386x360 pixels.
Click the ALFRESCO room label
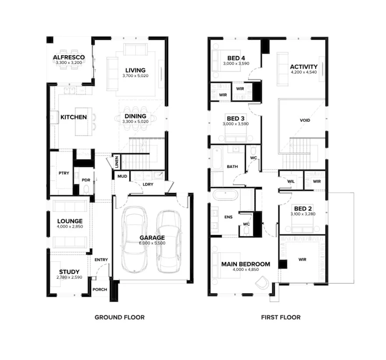(69, 57)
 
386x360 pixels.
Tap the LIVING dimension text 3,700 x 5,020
(135, 76)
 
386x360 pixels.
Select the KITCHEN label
(74, 117)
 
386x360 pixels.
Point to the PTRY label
(64, 173)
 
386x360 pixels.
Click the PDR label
(86, 180)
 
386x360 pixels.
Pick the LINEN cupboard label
(117, 162)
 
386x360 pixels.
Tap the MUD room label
(122, 176)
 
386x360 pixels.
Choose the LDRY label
(148, 184)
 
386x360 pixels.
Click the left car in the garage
(134, 239)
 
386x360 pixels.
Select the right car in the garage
(169, 241)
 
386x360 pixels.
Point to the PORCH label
(100, 290)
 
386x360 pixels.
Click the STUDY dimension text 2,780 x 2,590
(69, 277)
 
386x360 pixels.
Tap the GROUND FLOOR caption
(119, 317)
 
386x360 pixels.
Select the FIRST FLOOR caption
(281, 317)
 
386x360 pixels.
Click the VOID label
(305, 120)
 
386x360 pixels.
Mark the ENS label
(228, 217)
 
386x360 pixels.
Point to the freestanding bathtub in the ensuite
(225, 194)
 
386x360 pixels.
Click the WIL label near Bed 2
(291, 182)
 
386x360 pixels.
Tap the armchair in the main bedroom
(263, 283)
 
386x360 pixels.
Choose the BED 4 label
(236, 58)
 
